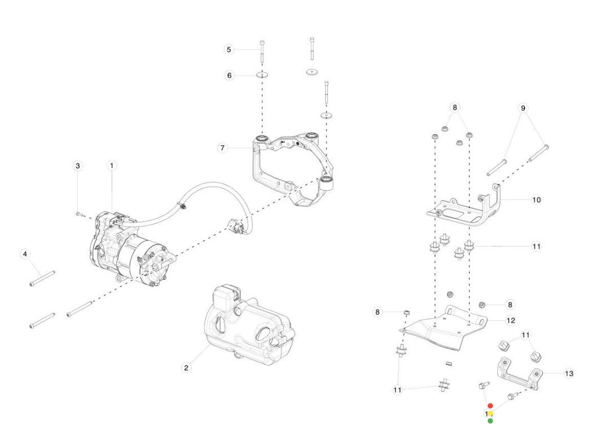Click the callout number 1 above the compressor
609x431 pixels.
coord(112,165)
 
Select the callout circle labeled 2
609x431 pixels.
coord(186,368)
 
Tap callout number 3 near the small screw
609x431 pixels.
coord(78,165)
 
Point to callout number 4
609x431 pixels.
coord(24,254)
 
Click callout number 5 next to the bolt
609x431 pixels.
coord(228,50)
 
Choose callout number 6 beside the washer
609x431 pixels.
coord(229,75)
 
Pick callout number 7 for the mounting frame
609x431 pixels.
coord(223,148)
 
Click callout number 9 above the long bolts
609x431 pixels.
coord(523,107)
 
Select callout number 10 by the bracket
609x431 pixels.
coord(536,200)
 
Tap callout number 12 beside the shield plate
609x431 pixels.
coord(510,320)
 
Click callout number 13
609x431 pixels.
coord(569,373)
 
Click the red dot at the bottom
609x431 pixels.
coord(490,406)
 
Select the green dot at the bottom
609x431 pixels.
coord(490,421)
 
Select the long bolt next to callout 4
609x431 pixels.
coord(42,278)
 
